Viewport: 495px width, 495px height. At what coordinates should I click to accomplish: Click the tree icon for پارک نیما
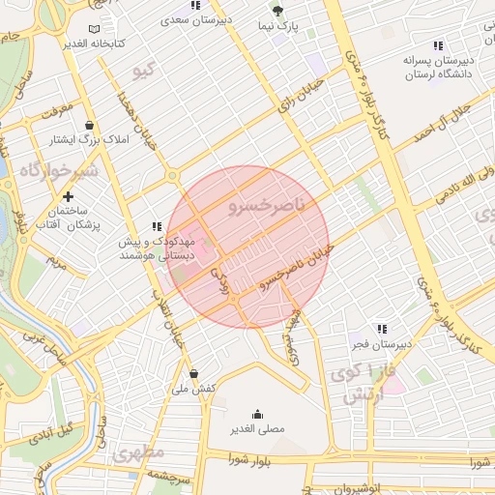(278, 11)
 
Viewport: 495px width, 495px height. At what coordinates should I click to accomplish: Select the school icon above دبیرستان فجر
(382, 328)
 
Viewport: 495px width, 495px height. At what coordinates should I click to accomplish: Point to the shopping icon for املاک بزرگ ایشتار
(90, 125)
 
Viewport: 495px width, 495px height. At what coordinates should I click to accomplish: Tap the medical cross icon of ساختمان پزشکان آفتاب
(68, 196)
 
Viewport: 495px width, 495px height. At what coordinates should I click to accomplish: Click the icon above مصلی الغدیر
(256, 413)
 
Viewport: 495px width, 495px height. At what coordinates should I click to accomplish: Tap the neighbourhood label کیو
(143, 73)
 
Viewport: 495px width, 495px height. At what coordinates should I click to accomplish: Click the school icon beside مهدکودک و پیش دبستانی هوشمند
(157, 226)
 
